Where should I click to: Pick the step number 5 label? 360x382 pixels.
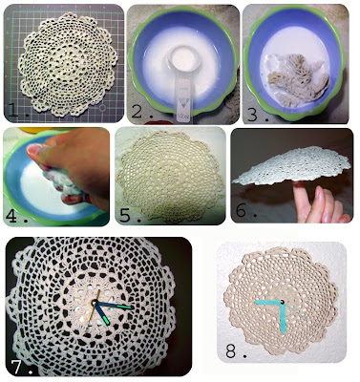pyautogui.click(x=126, y=215)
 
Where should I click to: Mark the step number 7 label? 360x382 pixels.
pyautogui.click(x=18, y=366)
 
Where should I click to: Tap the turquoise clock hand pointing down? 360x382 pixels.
pyautogui.click(x=283, y=317)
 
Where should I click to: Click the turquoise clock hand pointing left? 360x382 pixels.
pyautogui.click(x=268, y=303)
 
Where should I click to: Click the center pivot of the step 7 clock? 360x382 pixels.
pyautogui.click(x=95, y=303)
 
